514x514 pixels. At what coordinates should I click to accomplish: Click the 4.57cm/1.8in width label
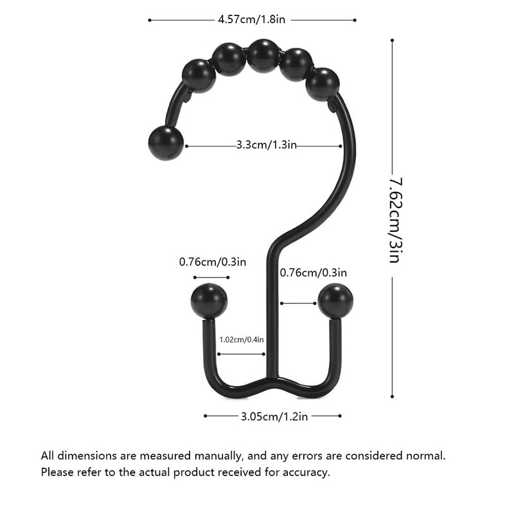252,20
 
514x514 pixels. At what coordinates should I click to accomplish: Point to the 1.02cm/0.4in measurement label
242,339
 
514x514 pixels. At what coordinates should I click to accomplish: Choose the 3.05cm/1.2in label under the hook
274,416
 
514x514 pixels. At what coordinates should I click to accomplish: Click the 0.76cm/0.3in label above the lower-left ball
212,261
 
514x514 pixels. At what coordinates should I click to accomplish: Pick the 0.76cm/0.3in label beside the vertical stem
314,272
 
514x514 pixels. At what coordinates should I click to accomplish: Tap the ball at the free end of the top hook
166,143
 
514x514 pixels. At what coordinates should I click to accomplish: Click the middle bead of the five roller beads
263,56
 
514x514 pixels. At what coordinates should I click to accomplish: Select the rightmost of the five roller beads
322,84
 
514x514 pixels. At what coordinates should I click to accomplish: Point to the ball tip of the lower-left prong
209,301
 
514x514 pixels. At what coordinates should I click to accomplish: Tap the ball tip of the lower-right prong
335,301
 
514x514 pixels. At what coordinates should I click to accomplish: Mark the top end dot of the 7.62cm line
392,40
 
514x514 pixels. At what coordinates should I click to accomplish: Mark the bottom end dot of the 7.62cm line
392,396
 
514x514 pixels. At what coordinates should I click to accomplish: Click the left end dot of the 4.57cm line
149,20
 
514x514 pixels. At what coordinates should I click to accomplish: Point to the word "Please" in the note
58,472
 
